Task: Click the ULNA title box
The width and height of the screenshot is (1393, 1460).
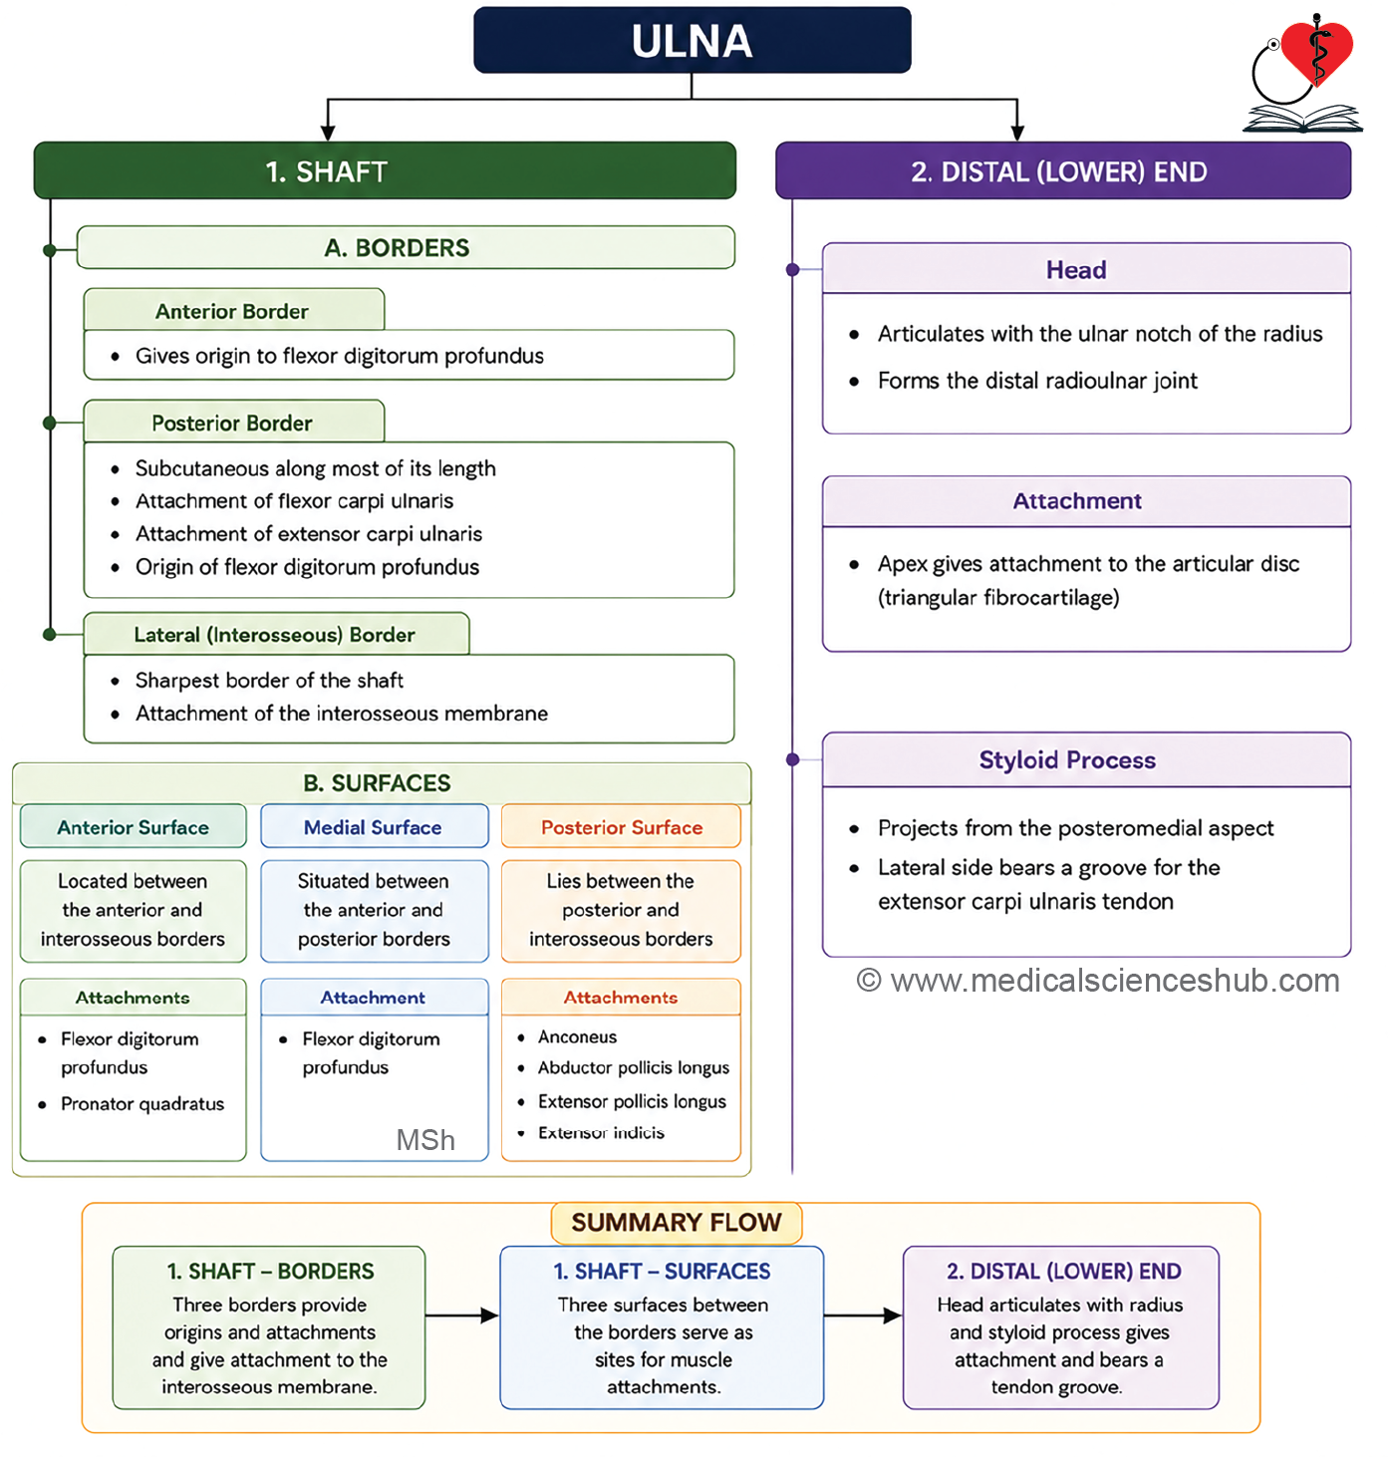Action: click(693, 40)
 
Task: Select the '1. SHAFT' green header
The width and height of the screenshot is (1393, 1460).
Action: click(385, 170)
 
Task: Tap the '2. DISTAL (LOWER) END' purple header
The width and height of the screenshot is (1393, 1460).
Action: click(1062, 170)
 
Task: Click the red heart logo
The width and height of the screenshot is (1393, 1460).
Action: click(1317, 52)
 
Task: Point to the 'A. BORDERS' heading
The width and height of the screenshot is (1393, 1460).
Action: click(397, 248)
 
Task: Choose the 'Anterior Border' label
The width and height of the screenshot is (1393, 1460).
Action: click(232, 311)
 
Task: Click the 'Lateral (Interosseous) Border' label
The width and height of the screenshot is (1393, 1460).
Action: click(274, 635)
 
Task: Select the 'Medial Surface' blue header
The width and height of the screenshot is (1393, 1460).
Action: click(375, 826)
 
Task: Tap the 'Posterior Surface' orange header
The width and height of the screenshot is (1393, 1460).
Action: click(621, 826)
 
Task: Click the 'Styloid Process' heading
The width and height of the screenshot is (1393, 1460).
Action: click(1067, 759)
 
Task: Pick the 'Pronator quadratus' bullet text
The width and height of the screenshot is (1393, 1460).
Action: click(141, 1104)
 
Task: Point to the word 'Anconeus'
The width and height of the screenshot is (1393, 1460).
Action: click(577, 1036)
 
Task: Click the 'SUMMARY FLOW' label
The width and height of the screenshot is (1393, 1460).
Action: click(677, 1223)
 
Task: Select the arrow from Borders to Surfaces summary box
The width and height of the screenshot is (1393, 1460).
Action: click(462, 1315)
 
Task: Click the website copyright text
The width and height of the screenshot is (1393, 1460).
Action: click(1097, 981)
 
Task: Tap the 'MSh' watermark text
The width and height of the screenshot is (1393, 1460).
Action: click(425, 1140)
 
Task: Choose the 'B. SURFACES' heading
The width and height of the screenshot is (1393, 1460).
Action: click(377, 783)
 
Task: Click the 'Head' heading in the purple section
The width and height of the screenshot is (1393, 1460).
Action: click(1076, 269)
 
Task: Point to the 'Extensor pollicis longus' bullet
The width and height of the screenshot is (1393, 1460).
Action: click(632, 1101)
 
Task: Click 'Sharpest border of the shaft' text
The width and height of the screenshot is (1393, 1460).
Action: click(269, 681)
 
